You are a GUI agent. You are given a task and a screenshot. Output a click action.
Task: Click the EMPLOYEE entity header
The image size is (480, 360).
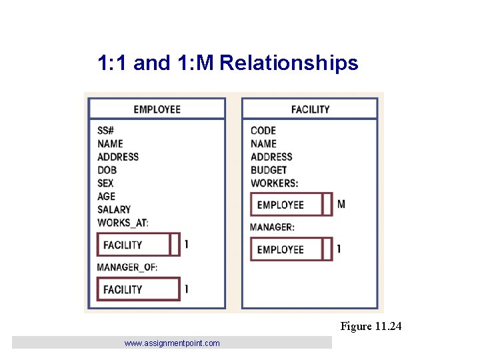157,109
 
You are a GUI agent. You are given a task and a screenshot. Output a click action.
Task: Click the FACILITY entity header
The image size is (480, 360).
310,109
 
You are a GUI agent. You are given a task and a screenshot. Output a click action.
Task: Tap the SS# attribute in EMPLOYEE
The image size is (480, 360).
105,131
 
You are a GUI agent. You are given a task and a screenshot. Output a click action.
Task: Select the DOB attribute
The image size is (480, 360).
107,170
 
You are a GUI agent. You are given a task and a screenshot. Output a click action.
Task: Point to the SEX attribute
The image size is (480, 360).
105,183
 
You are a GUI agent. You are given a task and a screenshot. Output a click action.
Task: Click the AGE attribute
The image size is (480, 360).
106,197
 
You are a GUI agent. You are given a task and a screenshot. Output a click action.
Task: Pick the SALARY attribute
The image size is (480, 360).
114,210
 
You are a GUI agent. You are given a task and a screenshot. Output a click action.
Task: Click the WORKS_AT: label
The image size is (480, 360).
123,223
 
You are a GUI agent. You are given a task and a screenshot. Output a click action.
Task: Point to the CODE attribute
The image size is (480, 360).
263,131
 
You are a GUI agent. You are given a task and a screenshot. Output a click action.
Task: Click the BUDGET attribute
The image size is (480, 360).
269,170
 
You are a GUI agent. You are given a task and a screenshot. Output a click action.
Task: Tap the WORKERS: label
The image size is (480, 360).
274,183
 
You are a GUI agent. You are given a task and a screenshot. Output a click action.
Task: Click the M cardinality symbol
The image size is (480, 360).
341,204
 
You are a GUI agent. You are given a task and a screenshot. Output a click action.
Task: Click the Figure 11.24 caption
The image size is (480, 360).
371,326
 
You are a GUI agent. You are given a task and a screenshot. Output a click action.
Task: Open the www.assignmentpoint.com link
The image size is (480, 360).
171,343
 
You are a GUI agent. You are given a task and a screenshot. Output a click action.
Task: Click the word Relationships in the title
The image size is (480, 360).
289,63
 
